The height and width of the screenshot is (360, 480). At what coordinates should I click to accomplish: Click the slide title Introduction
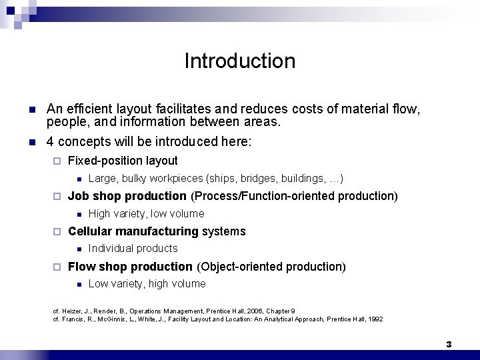[x=239, y=61]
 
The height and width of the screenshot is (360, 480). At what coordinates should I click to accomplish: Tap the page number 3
[x=449, y=345]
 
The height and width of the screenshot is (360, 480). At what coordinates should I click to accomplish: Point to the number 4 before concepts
[x=50, y=141]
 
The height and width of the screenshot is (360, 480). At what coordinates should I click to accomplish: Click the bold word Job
[x=78, y=196]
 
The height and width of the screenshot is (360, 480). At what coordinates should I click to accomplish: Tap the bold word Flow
[x=81, y=267]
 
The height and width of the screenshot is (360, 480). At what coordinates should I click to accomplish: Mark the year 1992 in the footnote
[x=375, y=319]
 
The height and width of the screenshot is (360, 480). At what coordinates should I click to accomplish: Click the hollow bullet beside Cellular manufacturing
[x=57, y=232]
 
